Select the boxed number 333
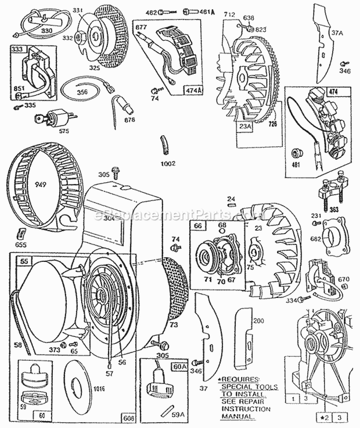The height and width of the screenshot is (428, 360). click(16, 49)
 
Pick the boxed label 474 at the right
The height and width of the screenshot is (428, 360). click(333, 91)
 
